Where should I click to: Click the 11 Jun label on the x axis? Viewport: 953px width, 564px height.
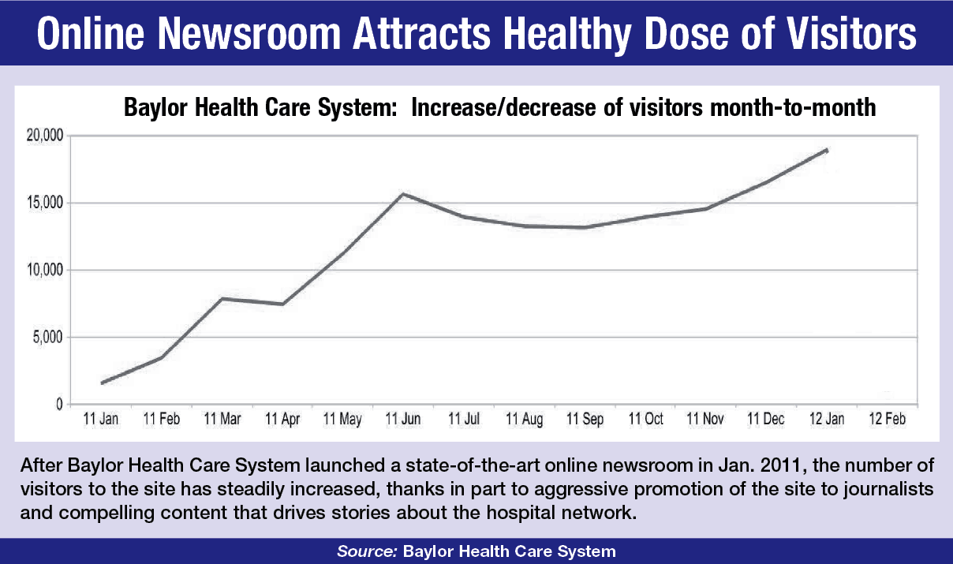[402, 420]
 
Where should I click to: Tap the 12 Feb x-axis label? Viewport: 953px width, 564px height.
[886, 420]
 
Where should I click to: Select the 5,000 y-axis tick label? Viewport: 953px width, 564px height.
[45, 338]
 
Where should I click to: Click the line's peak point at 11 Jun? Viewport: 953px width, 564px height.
[402, 193]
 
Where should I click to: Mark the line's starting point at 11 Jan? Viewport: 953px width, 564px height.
[103, 383]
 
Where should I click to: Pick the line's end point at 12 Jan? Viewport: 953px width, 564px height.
[826, 149]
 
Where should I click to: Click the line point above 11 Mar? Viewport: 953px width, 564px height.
[222, 298]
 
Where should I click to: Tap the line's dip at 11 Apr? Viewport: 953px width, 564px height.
[282, 304]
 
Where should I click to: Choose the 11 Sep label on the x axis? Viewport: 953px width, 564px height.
[584, 420]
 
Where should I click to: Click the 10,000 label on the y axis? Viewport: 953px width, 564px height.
[43, 271]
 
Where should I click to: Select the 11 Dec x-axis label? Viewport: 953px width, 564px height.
[765, 420]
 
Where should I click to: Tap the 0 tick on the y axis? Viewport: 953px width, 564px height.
[58, 405]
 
